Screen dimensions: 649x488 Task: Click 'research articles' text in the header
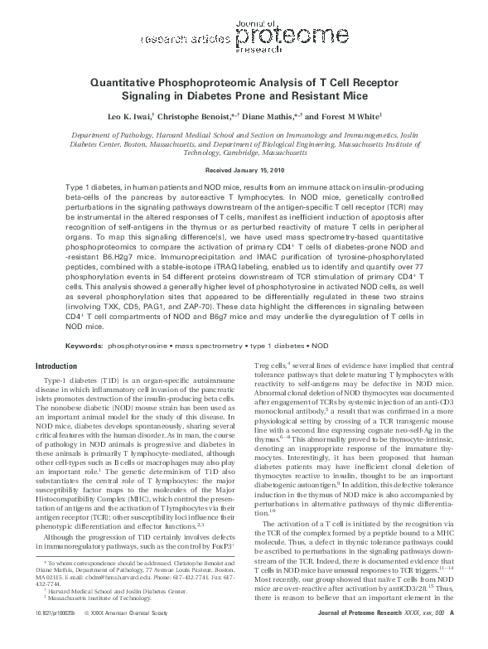pyautogui.click(x=181, y=39)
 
